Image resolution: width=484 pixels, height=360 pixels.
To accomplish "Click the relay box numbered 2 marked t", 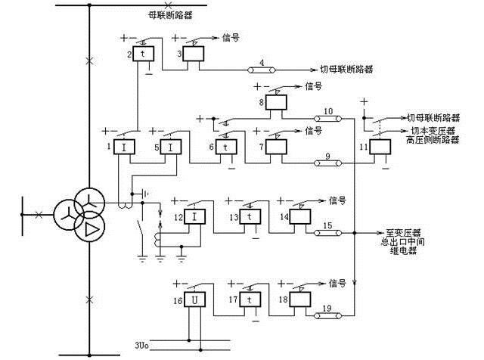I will pyautogui.click(x=143, y=56).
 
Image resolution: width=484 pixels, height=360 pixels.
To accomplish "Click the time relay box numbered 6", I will pyautogui.click(x=227, y=147).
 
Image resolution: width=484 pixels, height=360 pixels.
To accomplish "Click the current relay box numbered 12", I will pyautogui.click(x=196, y=218).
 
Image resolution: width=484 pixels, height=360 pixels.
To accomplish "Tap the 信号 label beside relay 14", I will pyautogui.click(x=337, y=200).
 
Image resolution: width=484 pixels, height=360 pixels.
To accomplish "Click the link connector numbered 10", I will pyautogui.click(x=327, y=119).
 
